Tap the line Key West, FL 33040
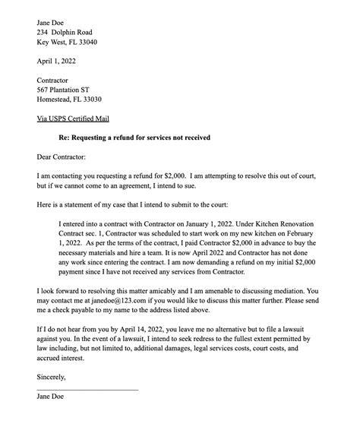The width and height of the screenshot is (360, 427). (x=67, y=43)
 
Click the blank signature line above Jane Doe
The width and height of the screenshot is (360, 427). (x=87, y=390)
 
